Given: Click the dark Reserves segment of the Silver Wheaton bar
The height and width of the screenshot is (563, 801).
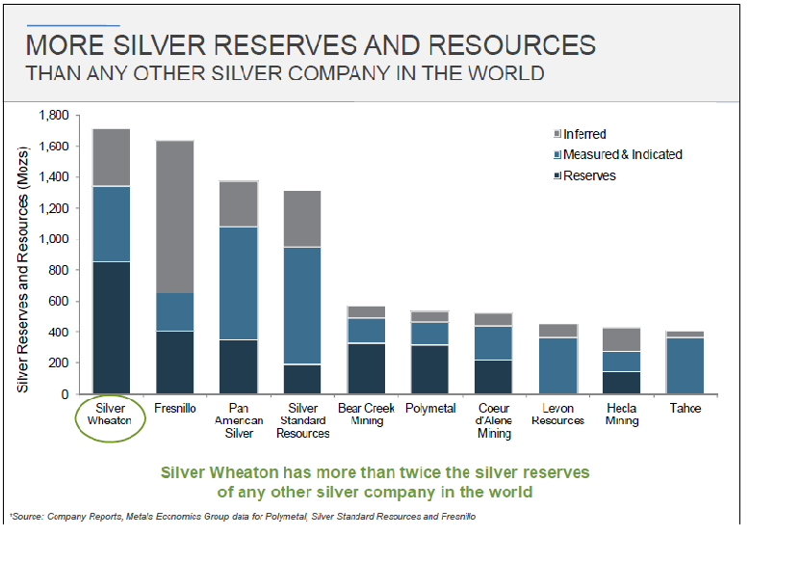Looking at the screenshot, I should (112, 327).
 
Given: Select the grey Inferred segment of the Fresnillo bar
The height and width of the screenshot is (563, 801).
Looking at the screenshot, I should (174, 217).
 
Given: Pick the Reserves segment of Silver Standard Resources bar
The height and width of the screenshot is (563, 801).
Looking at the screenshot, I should (302, 379).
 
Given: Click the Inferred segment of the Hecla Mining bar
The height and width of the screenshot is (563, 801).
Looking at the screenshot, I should (620, 339).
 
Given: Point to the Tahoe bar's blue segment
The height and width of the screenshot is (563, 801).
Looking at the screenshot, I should (685, 365).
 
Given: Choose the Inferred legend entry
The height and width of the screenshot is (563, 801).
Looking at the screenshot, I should (583, 134).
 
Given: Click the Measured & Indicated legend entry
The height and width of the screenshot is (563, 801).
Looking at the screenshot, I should (622, 154).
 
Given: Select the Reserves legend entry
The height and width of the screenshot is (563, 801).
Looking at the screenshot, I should (588, 175).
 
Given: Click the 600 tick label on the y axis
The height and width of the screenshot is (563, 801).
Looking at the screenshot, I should (57, 301).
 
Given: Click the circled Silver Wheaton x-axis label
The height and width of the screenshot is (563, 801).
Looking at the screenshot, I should (112, 415).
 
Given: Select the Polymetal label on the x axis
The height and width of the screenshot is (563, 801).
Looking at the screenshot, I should (429, 409).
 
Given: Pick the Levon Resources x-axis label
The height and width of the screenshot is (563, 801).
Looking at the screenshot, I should (558, 415).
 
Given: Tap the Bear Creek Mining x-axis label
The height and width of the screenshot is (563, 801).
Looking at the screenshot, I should (366, 415).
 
